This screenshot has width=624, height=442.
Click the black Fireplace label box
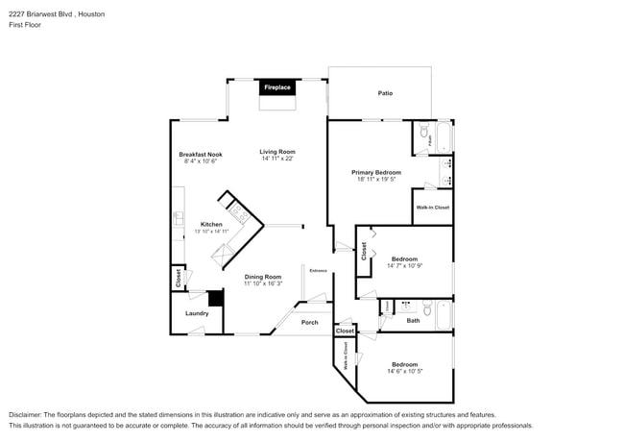(x=277, y=87)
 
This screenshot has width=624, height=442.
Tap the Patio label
(x=384, y=93)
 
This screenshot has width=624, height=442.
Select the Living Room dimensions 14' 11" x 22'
(x=277, y=159)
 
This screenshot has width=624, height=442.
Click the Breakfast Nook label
(x=201, y=155)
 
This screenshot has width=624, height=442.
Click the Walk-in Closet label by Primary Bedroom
(x=432, y=207)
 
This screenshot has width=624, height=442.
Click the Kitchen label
(x=211, y=224)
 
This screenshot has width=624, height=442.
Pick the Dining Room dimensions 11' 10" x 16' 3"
(x=262, y=283)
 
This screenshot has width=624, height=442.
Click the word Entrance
(x=318, y=270)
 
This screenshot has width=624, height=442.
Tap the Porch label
(x=309, y=322)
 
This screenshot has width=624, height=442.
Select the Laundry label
(x=197, y=312)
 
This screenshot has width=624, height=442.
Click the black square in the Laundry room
(x=216, y=299)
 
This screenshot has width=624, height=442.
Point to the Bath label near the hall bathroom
(x=413, y=320)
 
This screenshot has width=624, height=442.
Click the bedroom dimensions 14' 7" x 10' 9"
(x=404, y=265)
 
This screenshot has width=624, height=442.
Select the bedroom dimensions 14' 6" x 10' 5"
(x=404, y=371)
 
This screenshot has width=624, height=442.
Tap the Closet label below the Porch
(x=345, y=331)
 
